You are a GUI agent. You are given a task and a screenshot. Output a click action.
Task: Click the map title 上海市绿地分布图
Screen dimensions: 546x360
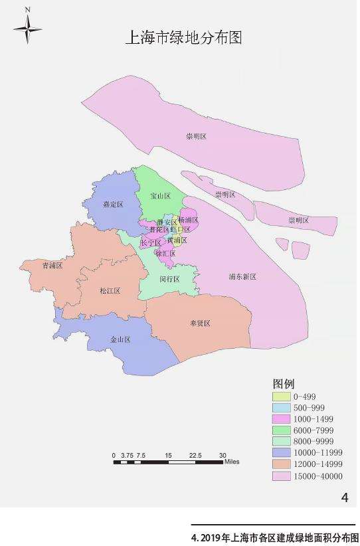pyautogui.click(x=183, y=38)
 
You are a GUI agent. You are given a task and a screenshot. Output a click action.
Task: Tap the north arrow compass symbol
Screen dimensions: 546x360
pyautogui.click(x=27, y=28)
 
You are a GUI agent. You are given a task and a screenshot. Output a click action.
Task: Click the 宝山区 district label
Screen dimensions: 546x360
pyautogui.click(x=161, y=196)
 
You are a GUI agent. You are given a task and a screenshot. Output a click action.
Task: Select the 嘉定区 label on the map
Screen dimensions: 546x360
pyautogui.click(x=113, y=205)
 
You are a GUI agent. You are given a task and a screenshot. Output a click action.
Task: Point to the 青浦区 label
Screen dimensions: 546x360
pyautogui.click(x=52, y=265)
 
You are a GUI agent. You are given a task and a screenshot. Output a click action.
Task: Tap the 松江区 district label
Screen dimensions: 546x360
pyautogui.click(x=108, y=291)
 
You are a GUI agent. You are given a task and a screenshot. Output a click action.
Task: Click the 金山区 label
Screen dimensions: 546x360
pyautogui.click(x=120, y=339)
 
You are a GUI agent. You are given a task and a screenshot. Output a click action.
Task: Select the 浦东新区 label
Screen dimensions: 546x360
pyautogui.click(x=242, y=276)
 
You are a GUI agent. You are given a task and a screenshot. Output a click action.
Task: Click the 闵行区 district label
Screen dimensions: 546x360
pyautogui.click(x=169, y=279)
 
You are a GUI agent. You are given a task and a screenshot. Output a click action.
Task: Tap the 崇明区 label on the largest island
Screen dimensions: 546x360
pyautogui.click(x=197, y=136)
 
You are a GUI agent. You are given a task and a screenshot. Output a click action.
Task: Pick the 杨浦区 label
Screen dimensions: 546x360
pyautogui.click(x=189, y=219)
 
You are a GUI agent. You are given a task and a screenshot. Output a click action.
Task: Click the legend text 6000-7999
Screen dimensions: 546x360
pyautogui.click(x=315, y=430)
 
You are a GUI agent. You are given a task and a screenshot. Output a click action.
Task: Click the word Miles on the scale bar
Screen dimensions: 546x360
pyautogui.click(x=232, y=461)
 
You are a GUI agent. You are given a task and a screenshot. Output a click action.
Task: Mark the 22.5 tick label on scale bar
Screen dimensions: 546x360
pyautogui.click(x=195, y=455)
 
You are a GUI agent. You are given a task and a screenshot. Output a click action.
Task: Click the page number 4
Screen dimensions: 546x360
pyautogui.click(x=344, y=497)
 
